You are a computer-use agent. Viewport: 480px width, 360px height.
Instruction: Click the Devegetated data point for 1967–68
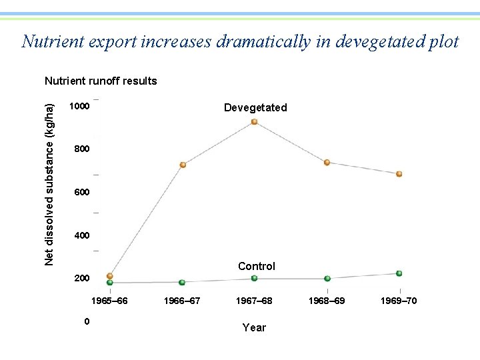click(254, 122)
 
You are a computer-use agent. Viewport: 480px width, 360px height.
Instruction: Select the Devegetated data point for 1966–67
click(183, 165)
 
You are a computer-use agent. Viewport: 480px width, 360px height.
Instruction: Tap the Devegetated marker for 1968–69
click(327, 163)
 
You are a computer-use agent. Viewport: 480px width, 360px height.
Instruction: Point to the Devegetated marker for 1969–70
click(399, 174)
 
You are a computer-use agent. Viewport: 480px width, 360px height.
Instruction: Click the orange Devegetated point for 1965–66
click(110, 276)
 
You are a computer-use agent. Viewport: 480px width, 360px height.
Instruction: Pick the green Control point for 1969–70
click(399, 273)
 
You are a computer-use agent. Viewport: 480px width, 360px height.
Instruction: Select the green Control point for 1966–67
click(182, 283)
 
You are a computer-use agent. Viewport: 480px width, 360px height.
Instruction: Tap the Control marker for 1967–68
click(254, 278)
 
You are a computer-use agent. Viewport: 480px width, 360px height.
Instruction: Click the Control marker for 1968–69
click(327, 279)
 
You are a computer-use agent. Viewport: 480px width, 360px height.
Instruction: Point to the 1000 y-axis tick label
click(80, 107)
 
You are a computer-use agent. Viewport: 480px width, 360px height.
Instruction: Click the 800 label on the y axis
click(81, 149)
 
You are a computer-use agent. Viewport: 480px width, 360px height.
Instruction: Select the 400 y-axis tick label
click(81, 235)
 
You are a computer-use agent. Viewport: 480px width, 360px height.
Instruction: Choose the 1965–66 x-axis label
click(109, 301)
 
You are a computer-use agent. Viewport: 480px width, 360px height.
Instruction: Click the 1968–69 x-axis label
click(327, 301)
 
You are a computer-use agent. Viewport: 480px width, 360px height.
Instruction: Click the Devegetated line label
click(255, 107)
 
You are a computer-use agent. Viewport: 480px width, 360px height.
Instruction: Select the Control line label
click(257, 266)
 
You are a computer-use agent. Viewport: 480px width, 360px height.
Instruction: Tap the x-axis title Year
click(254, 327)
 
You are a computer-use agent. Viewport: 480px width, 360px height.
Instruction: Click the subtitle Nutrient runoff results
click(101, 81)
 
